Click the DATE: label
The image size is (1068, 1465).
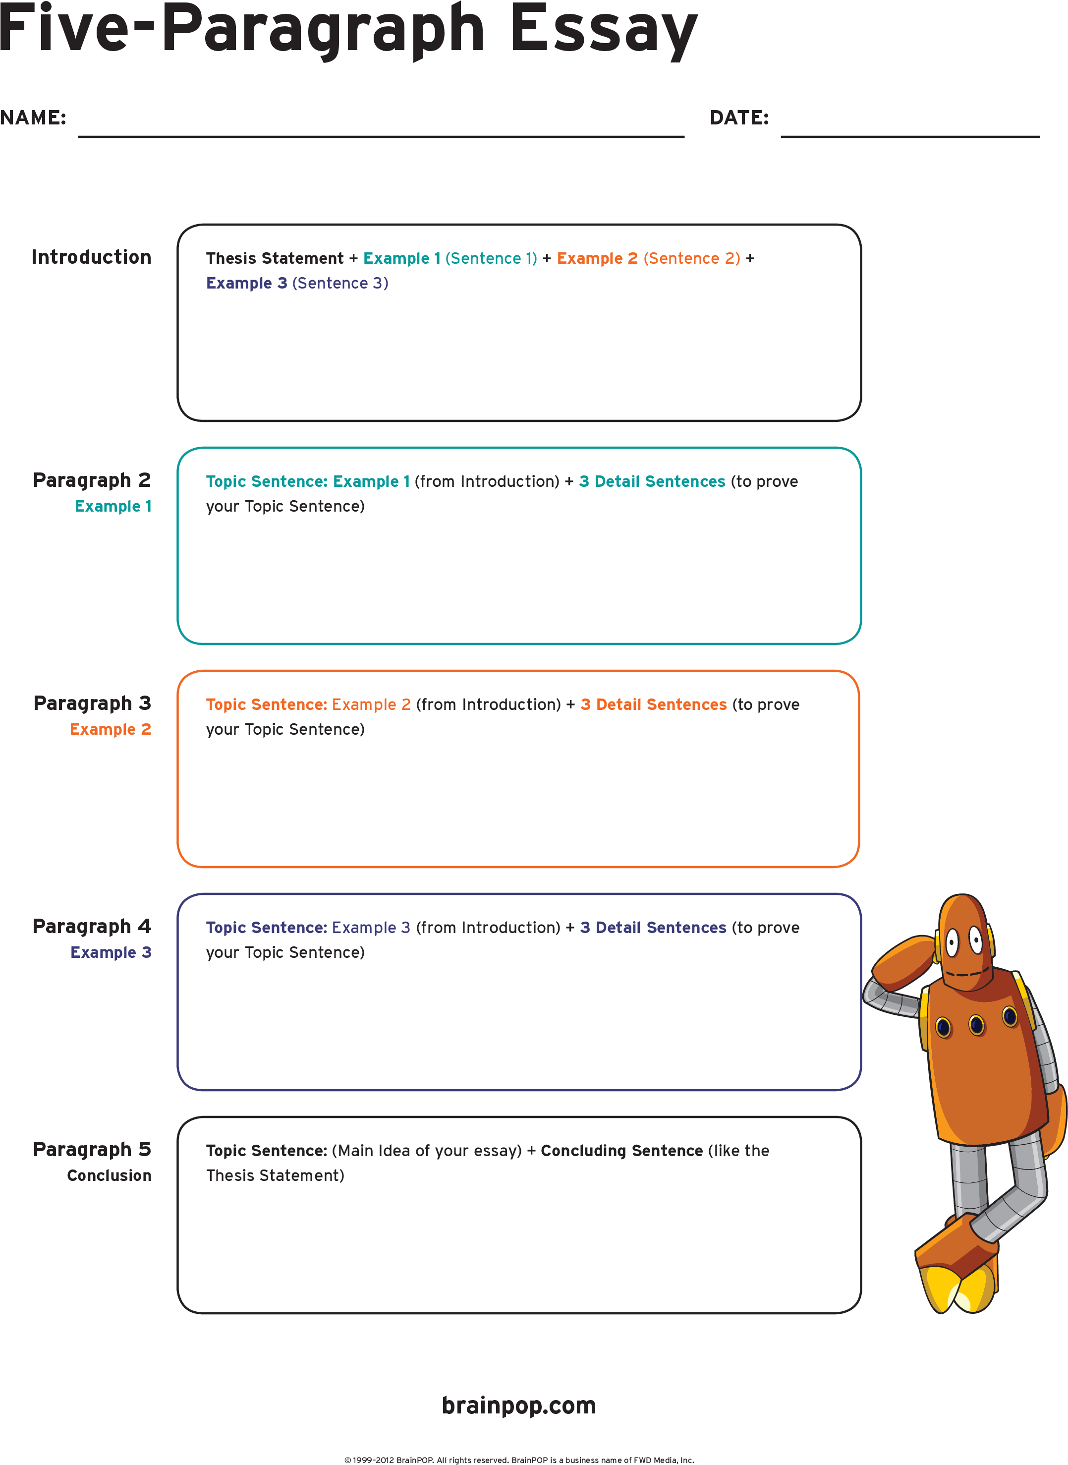click(739, 117)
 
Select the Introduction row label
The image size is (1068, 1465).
click(91, 257)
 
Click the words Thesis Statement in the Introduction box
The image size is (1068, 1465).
click(275, 258)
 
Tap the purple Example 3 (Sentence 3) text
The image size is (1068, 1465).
click(297, 283)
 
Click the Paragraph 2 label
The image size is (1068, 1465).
click(92, 480)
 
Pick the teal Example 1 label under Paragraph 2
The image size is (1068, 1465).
click(113, 506)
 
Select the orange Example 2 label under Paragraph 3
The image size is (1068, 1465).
click(111, 729)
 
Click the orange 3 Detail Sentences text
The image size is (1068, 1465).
click(653, 704)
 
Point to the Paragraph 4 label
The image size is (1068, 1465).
click(92, 926)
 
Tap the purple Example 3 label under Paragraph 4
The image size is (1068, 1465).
click(111, 952)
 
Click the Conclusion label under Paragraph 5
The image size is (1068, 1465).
click(109, 1175)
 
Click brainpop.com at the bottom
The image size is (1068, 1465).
click(519, 1406)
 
